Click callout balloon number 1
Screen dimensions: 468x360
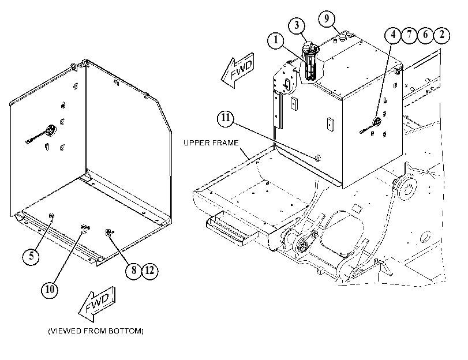point(276,40)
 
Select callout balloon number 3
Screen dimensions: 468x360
point(297,25)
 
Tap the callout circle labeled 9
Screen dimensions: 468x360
point(327,19)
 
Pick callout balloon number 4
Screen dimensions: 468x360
point(393,35)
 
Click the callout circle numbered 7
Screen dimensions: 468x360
point(409,35)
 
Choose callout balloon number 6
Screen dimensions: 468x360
point(425,35)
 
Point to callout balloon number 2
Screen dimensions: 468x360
point(441,35)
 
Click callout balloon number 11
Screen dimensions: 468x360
point(226,118)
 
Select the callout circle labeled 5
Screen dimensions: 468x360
point(31,256)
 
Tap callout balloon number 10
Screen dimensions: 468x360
point(50,290)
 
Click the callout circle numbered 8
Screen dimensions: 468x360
point(133,271)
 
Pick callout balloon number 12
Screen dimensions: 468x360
point(149,271)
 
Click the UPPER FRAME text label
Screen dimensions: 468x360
point(211,143)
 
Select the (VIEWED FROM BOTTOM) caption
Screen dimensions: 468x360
point(96,331)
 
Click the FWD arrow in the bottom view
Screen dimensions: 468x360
point(97,304)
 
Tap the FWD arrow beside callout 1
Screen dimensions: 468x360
point(238,70)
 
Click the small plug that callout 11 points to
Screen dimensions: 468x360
point(318,157)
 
